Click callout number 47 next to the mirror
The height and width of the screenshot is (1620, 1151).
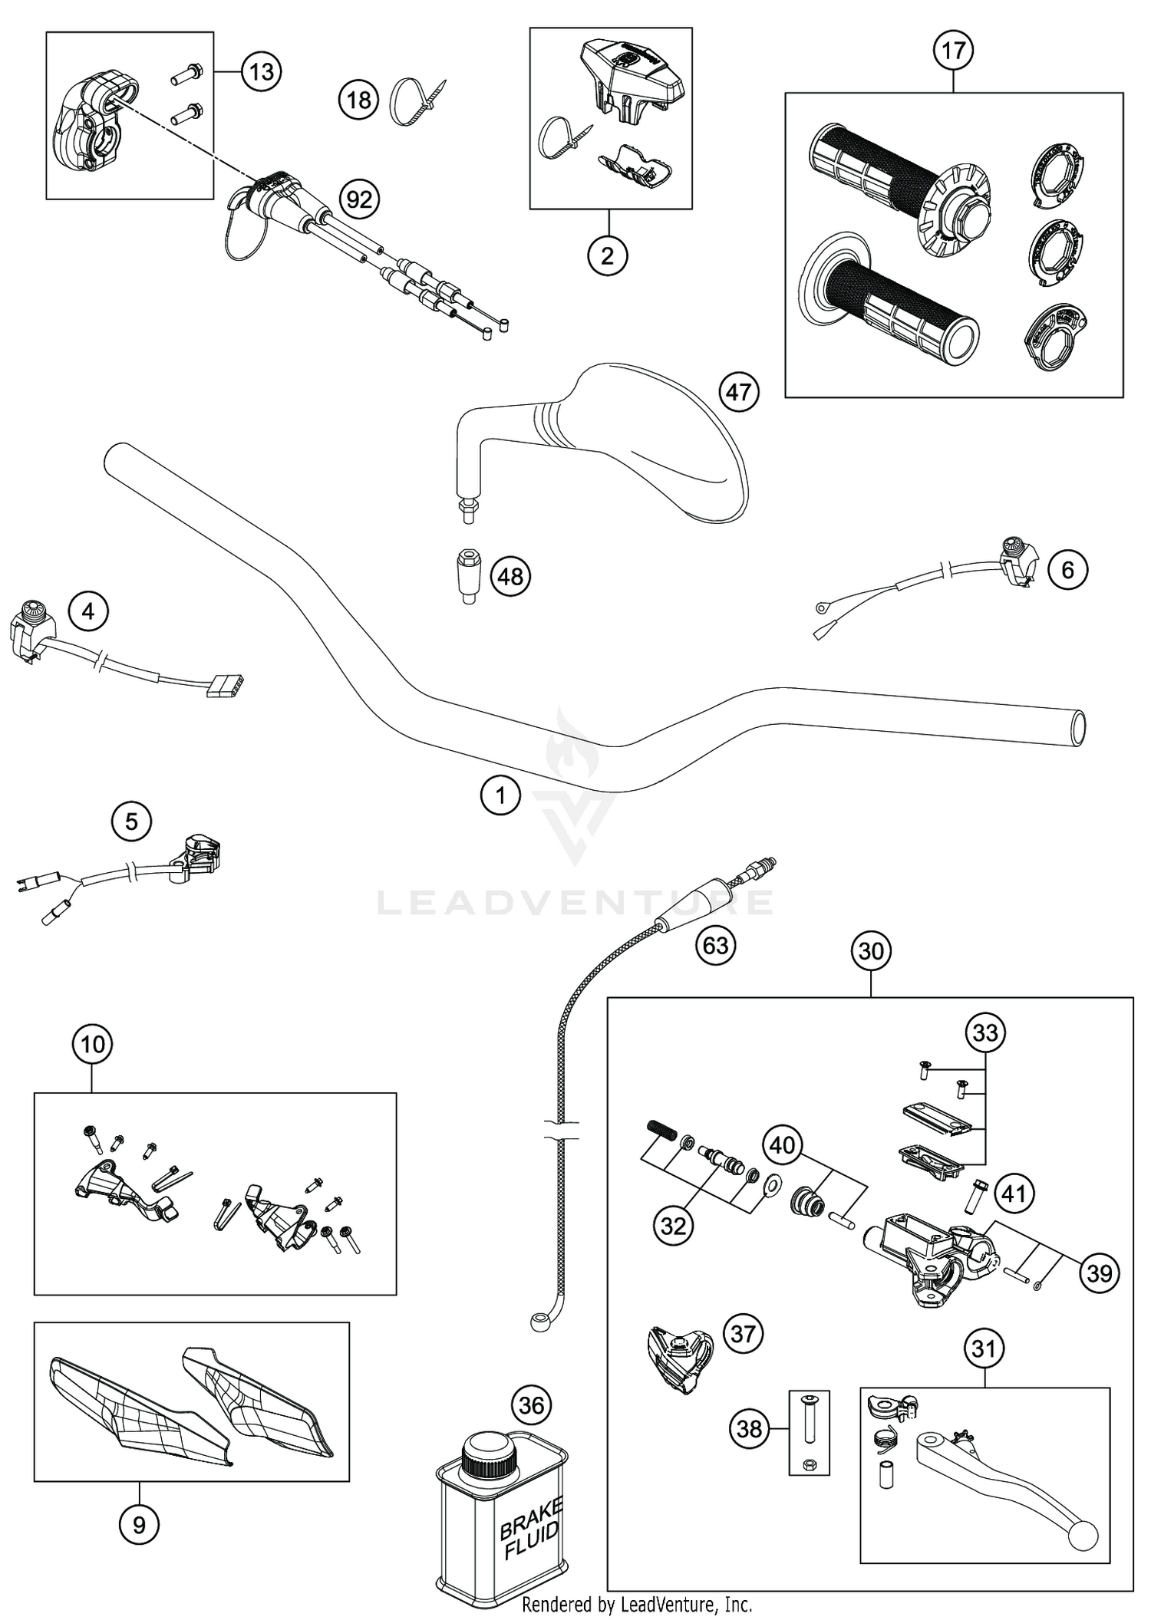(738, 393)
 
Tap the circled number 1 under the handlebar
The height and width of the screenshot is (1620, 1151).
(500, 795)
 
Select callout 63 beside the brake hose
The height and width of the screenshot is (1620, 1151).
(715, 945)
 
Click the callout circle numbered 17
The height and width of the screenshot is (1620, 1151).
(953, 51)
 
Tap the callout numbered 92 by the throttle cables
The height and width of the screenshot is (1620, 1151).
(359, 200)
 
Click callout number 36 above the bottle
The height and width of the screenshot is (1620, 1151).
(531, 1405)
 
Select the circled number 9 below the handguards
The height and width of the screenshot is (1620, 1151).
(139, 1523)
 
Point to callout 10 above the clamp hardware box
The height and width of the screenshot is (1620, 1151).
(92, 1044)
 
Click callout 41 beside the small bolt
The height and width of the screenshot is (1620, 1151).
(1014, 1194)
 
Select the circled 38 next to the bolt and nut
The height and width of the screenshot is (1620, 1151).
(749, 1428)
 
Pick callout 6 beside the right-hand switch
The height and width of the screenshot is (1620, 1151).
(1067, 570)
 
